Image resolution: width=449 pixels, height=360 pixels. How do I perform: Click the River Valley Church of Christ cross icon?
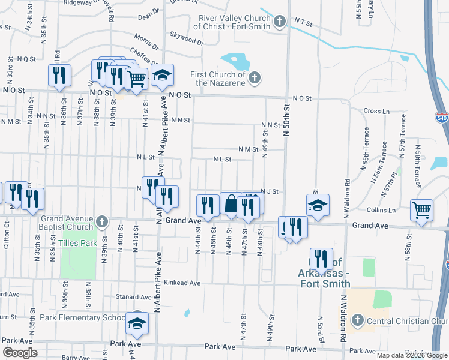pos(279,22)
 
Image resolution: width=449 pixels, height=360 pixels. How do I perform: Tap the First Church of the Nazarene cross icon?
pos(255,78)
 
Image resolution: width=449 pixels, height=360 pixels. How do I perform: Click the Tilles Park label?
pos(77,243)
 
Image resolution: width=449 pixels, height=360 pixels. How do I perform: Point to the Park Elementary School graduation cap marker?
pos(137,323)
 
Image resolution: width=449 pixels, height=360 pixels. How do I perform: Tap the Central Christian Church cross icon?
pos(358,319)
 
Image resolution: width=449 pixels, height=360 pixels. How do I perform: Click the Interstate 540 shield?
pos(442,118)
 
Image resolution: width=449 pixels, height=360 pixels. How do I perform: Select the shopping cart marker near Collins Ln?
pos(423,210)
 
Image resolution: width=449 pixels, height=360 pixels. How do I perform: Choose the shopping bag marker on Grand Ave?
pos(231,204)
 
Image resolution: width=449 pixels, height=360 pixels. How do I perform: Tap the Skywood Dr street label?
pos(187,38)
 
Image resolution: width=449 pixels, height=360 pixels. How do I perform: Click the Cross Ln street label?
pos(376,111)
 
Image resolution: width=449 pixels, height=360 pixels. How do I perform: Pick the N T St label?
pos(304,22)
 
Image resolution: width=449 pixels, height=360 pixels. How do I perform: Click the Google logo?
pos(20,353)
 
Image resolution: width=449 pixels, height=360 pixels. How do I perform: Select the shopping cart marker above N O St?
pos(137,77)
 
